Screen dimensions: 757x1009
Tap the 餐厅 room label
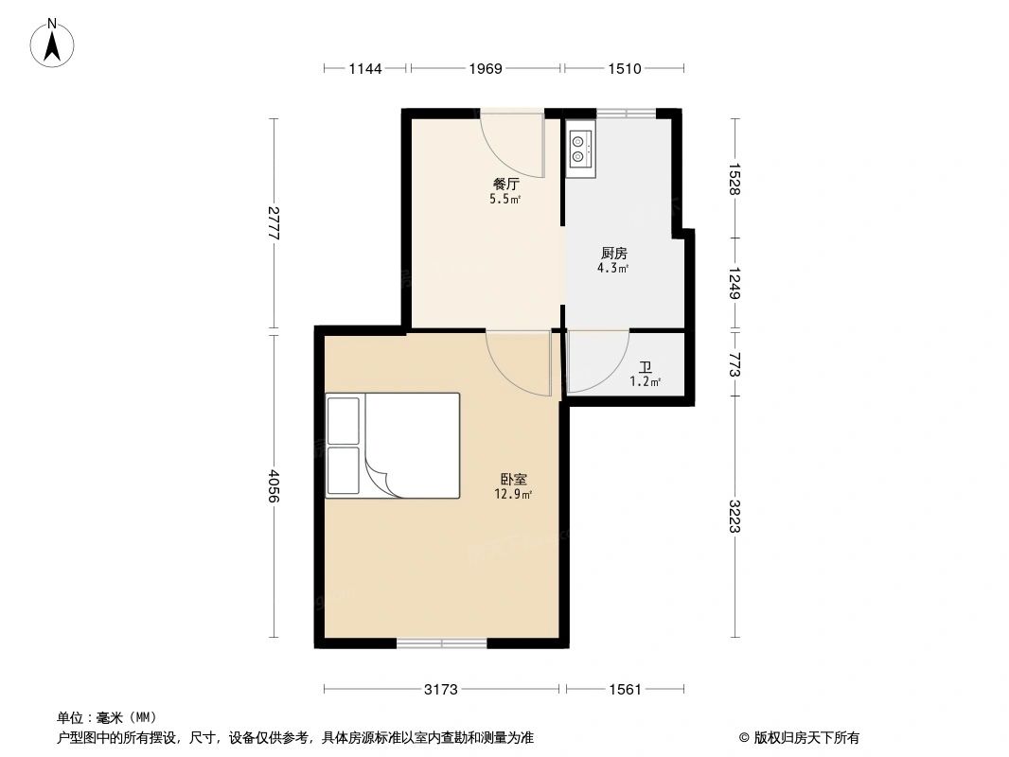[x=504, y=185]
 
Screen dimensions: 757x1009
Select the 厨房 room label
[x=613, y=254]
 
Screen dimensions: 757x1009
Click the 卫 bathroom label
[x=645, y=367]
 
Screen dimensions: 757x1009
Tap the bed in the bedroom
[x=392, y=445]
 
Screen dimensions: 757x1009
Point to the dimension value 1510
[x=624, y=68]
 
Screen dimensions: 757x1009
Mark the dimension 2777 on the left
[x=274, y=226]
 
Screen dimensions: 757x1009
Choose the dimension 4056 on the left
[x=274, y=487]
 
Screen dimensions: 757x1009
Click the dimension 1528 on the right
[x=735, y=178]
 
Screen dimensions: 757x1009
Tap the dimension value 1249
[x=735, y=281]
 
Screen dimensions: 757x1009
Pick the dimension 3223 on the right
[x=735, y=516]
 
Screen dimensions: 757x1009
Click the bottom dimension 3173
[x=441, y=690]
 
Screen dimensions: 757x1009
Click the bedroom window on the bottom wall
[x=441, y=643]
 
